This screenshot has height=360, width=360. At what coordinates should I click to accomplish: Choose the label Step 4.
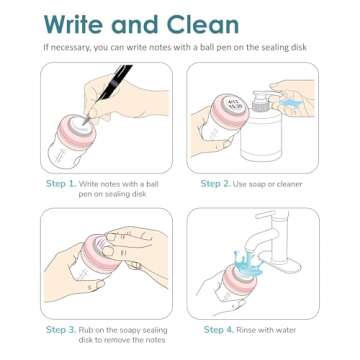tap(221, 330)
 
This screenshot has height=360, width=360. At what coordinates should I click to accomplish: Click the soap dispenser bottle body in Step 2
tap(277, 140)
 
